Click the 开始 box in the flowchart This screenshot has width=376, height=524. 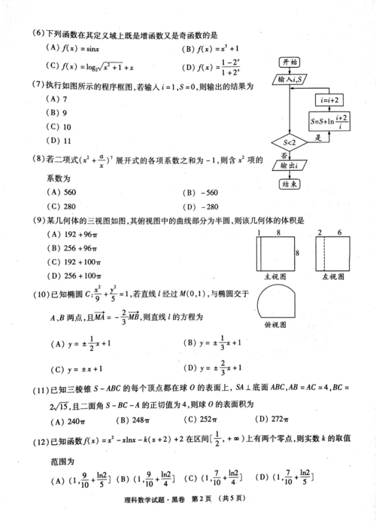point(290,62)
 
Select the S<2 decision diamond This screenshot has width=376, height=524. point(290,140)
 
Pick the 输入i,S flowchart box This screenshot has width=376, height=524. point(290,79)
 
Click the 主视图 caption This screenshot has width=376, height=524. point(274,276)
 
